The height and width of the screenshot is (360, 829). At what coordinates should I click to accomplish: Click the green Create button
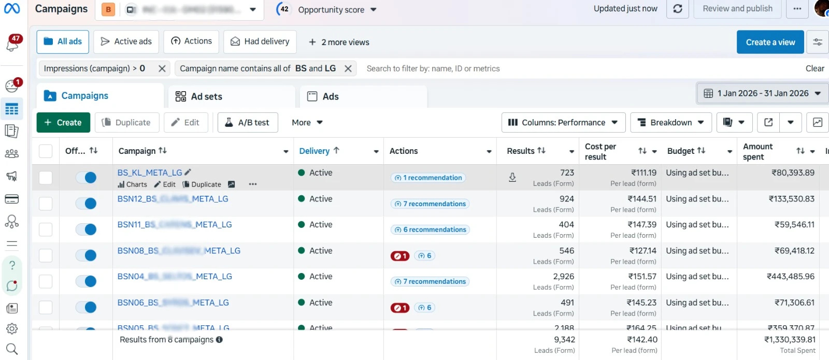point(63,123)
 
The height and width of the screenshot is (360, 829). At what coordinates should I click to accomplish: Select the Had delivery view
point(260,41)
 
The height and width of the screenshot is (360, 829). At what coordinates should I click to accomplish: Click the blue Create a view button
point(770,42)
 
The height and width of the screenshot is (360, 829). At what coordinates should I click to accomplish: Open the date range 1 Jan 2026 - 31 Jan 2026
point(762,93)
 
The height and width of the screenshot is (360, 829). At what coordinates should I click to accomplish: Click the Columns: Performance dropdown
point(563,123)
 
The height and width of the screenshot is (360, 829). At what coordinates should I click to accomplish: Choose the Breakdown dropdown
point(670,123)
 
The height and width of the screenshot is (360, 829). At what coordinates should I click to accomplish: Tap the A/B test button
point(248,123)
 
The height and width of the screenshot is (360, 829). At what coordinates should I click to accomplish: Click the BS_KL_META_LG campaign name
point(150,173)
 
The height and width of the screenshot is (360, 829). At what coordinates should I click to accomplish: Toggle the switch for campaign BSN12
point(87,204)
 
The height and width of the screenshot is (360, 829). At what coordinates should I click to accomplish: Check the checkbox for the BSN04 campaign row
point(46,281)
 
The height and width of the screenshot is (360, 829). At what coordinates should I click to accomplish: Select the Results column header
point(521,151)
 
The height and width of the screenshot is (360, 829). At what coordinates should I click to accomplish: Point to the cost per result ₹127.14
point(642,251)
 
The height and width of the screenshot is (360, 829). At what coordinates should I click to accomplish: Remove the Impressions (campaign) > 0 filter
point(162,68)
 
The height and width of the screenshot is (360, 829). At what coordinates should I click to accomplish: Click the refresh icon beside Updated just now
point(677,9)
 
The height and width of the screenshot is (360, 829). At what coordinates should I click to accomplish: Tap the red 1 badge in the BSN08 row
point(400,256)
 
